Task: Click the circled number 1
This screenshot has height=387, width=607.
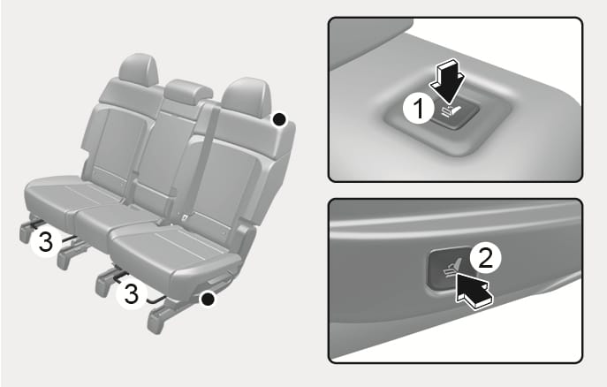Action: pos(419,109)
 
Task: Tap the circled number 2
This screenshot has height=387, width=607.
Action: pos(485,258)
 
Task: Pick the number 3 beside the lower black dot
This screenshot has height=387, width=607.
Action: pos(132,293)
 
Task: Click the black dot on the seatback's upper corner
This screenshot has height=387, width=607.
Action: pos(279,119)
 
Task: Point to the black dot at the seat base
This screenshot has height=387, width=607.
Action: pos(208,299)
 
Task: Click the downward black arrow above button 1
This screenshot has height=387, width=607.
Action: pos(448,81)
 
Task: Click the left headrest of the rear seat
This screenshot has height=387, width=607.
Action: pos(139,70)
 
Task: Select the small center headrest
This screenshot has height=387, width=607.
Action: pos(188,91)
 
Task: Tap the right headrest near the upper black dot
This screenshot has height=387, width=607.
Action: pos(247,96)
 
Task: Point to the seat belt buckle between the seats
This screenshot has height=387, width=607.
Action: pos(186,217)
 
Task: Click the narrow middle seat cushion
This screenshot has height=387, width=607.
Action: pos(116,224)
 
